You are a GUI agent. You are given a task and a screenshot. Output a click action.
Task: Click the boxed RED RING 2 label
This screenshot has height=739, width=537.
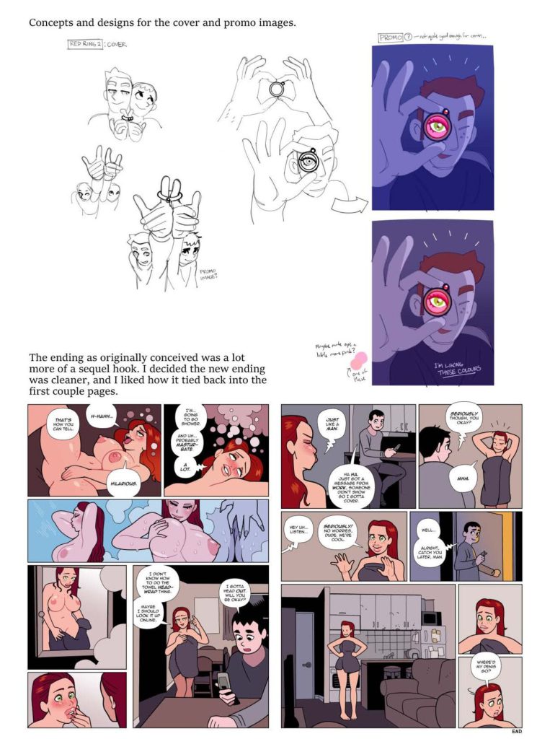[x=86, y=44]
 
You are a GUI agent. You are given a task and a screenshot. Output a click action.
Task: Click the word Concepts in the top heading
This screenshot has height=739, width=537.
[x=52, y=22]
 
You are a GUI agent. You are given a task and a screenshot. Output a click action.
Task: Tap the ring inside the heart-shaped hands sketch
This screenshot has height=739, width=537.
[x=277, y=89]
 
